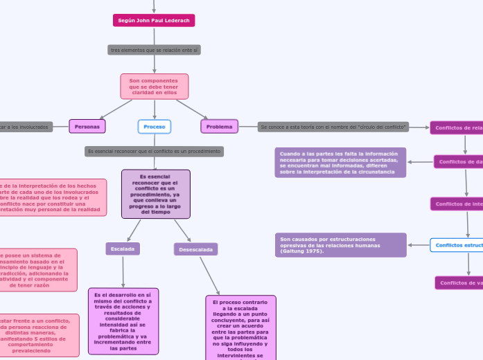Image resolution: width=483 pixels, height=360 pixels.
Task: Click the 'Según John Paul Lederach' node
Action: tap(154, 21)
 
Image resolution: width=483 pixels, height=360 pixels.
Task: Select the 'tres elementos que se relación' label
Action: tap(154, 50)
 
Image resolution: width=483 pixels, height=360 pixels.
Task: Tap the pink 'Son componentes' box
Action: tap(154, 87)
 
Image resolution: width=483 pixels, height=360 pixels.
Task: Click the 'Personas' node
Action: tap(87, 127)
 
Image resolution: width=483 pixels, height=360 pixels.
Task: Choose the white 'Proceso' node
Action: tap(154, 127)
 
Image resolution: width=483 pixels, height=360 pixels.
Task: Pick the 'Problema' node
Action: tap(219, 127)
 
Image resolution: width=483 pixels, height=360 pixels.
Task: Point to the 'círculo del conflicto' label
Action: tap(333, 127)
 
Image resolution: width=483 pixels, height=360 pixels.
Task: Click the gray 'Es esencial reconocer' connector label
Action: tap(154, 151)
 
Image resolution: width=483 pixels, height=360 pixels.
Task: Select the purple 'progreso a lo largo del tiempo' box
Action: tap(155, 194)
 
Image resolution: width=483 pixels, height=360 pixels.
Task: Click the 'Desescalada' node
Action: tap(195, 249)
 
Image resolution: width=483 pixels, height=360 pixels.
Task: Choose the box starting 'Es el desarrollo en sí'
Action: tap(123, 321)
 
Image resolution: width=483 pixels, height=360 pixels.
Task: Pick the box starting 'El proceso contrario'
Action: tap(240, 328)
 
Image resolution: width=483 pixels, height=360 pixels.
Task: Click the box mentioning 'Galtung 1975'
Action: tap(340, 245)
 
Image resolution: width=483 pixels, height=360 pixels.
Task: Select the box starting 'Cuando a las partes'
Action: tap(340, 163)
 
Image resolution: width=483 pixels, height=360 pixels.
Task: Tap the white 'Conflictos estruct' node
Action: tap(457, 245)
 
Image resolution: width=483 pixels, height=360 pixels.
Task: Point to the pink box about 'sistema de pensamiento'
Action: tap(38, 270)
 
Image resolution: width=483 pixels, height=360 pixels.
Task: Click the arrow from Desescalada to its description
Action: tap(209, 276)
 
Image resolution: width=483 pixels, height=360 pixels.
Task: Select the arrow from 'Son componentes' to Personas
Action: tap(116, 109)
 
